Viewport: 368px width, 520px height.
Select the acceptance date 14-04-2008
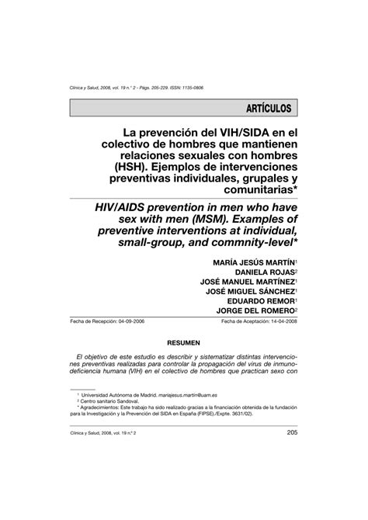tap(282, 321)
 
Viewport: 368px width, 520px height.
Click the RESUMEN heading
tap(184, 342)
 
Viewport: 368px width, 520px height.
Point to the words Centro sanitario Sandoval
tap(114, 402)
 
